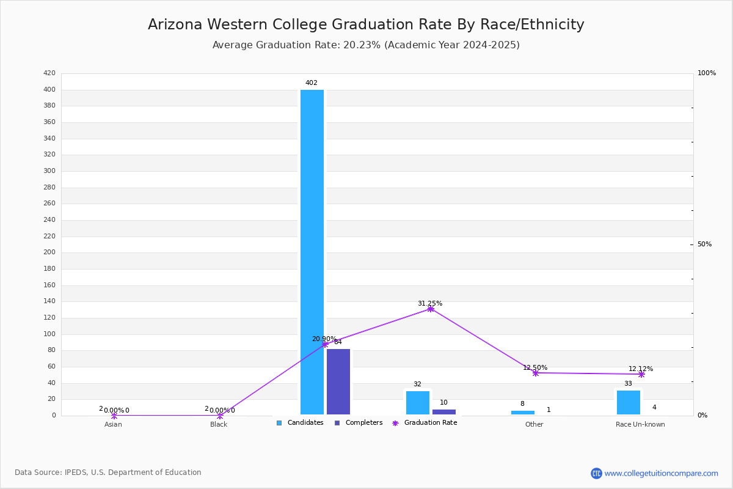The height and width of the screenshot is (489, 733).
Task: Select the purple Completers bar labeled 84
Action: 338,381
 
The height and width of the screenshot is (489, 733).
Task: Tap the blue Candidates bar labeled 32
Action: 418,403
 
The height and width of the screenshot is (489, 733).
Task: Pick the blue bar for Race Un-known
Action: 629,402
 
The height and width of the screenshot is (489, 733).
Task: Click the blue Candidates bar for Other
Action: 523,413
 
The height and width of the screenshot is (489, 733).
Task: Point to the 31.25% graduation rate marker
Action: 431,309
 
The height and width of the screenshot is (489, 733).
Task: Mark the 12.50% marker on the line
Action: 536,373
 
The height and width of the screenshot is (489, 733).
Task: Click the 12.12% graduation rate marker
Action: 641,374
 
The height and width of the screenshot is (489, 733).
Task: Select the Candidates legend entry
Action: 300,423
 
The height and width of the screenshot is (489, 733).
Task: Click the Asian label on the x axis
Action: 113,425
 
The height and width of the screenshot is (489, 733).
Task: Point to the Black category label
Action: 219,425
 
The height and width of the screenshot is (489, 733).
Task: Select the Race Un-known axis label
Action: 640,425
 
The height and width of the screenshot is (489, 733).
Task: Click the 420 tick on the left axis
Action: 49,73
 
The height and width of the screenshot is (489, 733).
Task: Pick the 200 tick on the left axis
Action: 49,252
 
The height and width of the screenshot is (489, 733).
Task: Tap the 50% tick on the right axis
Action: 704,244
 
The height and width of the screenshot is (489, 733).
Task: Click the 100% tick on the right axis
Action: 706,73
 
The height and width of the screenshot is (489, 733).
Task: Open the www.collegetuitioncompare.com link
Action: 661,473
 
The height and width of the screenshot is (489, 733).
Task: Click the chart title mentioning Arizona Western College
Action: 366,24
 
